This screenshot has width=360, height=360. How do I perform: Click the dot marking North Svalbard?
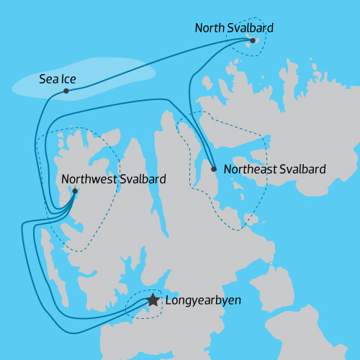253,40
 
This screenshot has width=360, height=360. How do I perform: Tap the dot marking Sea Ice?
66,91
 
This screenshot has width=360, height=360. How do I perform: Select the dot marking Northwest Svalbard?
75,192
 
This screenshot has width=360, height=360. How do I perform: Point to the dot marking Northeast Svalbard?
214,169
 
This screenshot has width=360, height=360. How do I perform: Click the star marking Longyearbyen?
153,300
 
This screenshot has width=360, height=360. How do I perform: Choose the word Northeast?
249,170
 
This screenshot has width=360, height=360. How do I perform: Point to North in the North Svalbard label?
210,28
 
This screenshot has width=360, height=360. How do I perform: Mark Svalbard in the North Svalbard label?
251,28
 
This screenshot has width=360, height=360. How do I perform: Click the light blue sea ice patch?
115,76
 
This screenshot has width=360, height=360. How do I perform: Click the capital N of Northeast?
228,170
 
